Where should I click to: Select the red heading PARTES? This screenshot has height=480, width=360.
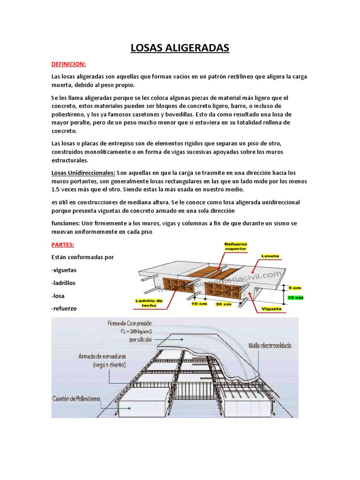pyautogui.click(x=62, y=245)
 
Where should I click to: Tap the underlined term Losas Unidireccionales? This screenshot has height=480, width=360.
pyautogui.click(x=83, y=172)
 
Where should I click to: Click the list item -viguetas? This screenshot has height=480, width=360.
pyautogui.click(x=64, y=270)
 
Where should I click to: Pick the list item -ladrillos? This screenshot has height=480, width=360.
pyautogui.click(x=63, y=283)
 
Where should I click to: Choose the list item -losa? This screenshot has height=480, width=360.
pyautogui.click(x=58, y=296)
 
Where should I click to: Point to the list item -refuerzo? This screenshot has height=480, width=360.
pyautogui.click(x=64, y=308)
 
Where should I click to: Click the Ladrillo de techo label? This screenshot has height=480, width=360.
pyautogui.click(x=149, y=302)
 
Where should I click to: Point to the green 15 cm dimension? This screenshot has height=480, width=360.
pyautogui.click(x=296, y=298)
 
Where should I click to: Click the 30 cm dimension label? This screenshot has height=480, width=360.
pyautogui.click(x=223, y=304)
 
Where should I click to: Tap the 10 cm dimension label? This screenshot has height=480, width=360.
pyautogui.click(x=199, y=304)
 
